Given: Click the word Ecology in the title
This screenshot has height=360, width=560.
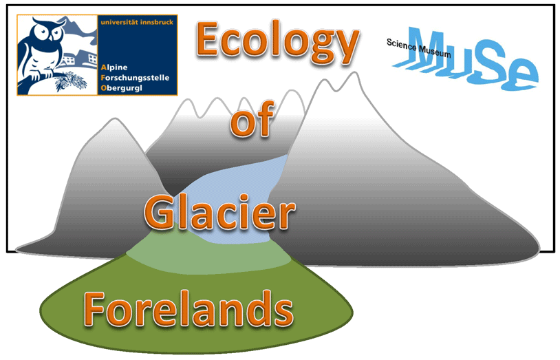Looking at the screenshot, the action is [277, 42].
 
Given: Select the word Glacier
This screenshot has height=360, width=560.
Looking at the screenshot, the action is [220, 213].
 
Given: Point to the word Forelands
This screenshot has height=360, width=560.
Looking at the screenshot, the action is [189, 309].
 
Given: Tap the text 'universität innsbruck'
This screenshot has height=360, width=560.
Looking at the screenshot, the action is [137, 22].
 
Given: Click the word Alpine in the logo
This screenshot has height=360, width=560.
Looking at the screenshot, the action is [114, 67].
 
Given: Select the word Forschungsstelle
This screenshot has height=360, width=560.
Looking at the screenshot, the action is [135, 78].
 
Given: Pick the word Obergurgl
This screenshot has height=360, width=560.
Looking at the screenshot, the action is [122, 88].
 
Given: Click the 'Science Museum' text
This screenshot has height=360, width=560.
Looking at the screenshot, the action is [418, 48].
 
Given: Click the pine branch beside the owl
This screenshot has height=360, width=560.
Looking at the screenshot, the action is [69, 81].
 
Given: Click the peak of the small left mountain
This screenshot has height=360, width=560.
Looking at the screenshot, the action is [114, 119].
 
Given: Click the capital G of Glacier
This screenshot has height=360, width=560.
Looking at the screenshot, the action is [160, 212].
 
